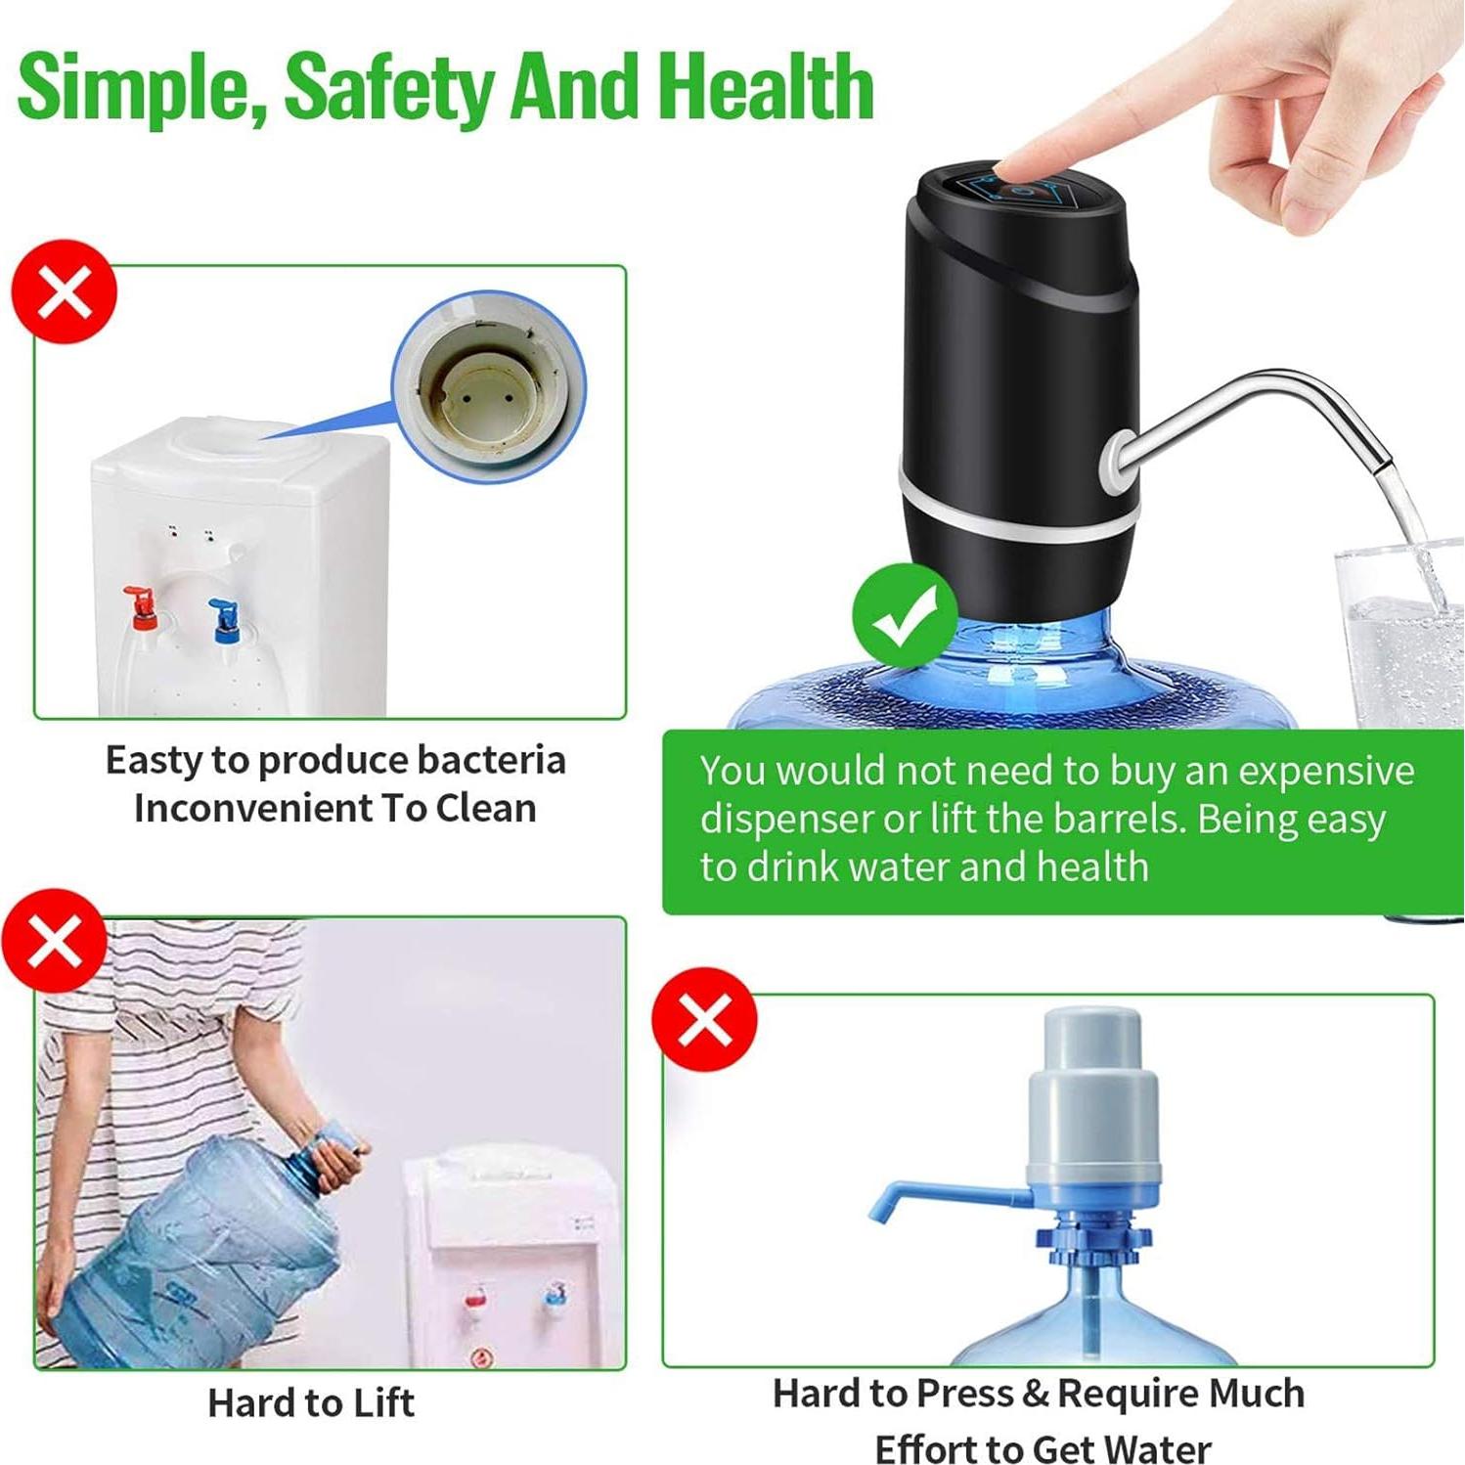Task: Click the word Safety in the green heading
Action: pos(391,88)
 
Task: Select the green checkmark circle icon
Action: pos(904,615)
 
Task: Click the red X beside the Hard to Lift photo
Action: pos(55,941)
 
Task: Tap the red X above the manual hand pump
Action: pos(704,1020)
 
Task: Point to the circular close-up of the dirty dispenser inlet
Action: pos(489,386)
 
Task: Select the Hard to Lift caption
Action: pos(311,1403)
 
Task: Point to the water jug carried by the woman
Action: pos(196,1252)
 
